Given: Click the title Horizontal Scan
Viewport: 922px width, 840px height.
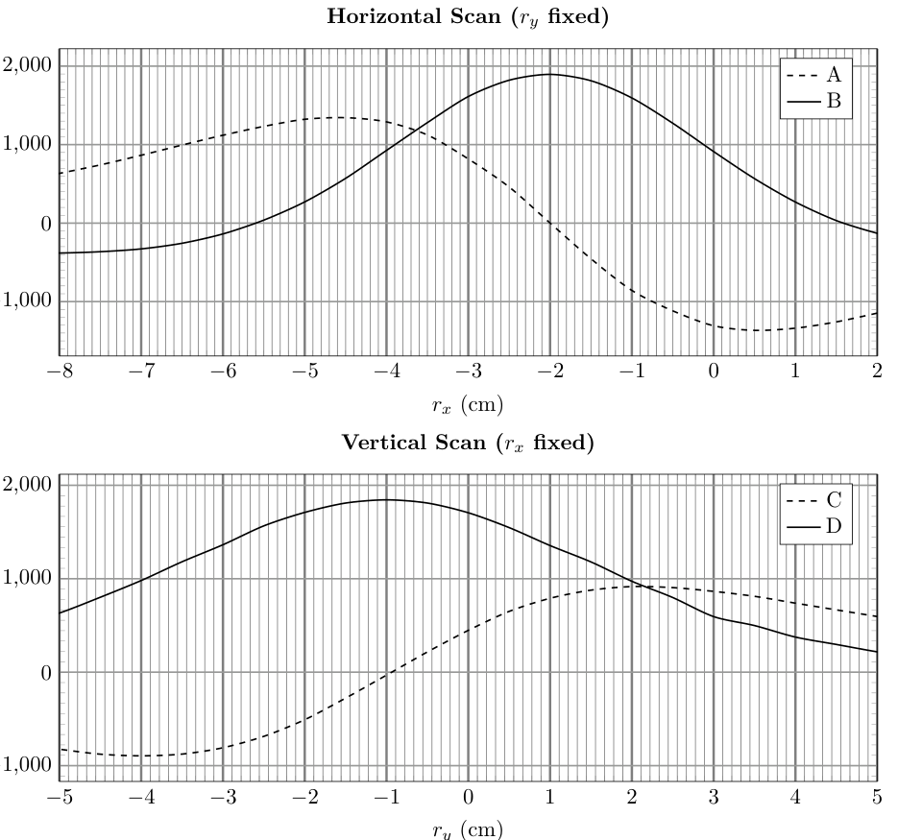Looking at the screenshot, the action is [468, 16].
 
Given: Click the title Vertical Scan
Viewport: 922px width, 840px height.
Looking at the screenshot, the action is [468, 443].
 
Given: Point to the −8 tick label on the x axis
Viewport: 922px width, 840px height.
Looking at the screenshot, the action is [60, 372].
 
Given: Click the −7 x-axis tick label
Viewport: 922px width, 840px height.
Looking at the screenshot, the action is [141, 372].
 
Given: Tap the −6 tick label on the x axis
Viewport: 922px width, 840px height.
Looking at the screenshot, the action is [223, 372].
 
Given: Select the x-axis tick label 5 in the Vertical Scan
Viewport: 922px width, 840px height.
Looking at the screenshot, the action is [877, 797].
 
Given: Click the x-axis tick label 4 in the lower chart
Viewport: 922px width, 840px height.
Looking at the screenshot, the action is [795, 797].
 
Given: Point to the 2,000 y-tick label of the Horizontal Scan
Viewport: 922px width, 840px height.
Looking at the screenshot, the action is [27, 65].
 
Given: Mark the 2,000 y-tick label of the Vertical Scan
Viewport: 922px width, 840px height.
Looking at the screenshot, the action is [27, 485].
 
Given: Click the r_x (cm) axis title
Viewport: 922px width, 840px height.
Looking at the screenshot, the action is [468, 405].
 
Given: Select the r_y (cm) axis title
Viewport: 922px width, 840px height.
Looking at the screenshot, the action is [468, 830].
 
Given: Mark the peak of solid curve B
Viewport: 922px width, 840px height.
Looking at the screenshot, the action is [549, 74].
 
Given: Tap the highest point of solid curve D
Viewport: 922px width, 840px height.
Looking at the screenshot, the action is [386, 499].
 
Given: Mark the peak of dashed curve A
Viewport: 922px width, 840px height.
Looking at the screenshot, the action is [340, 117].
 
